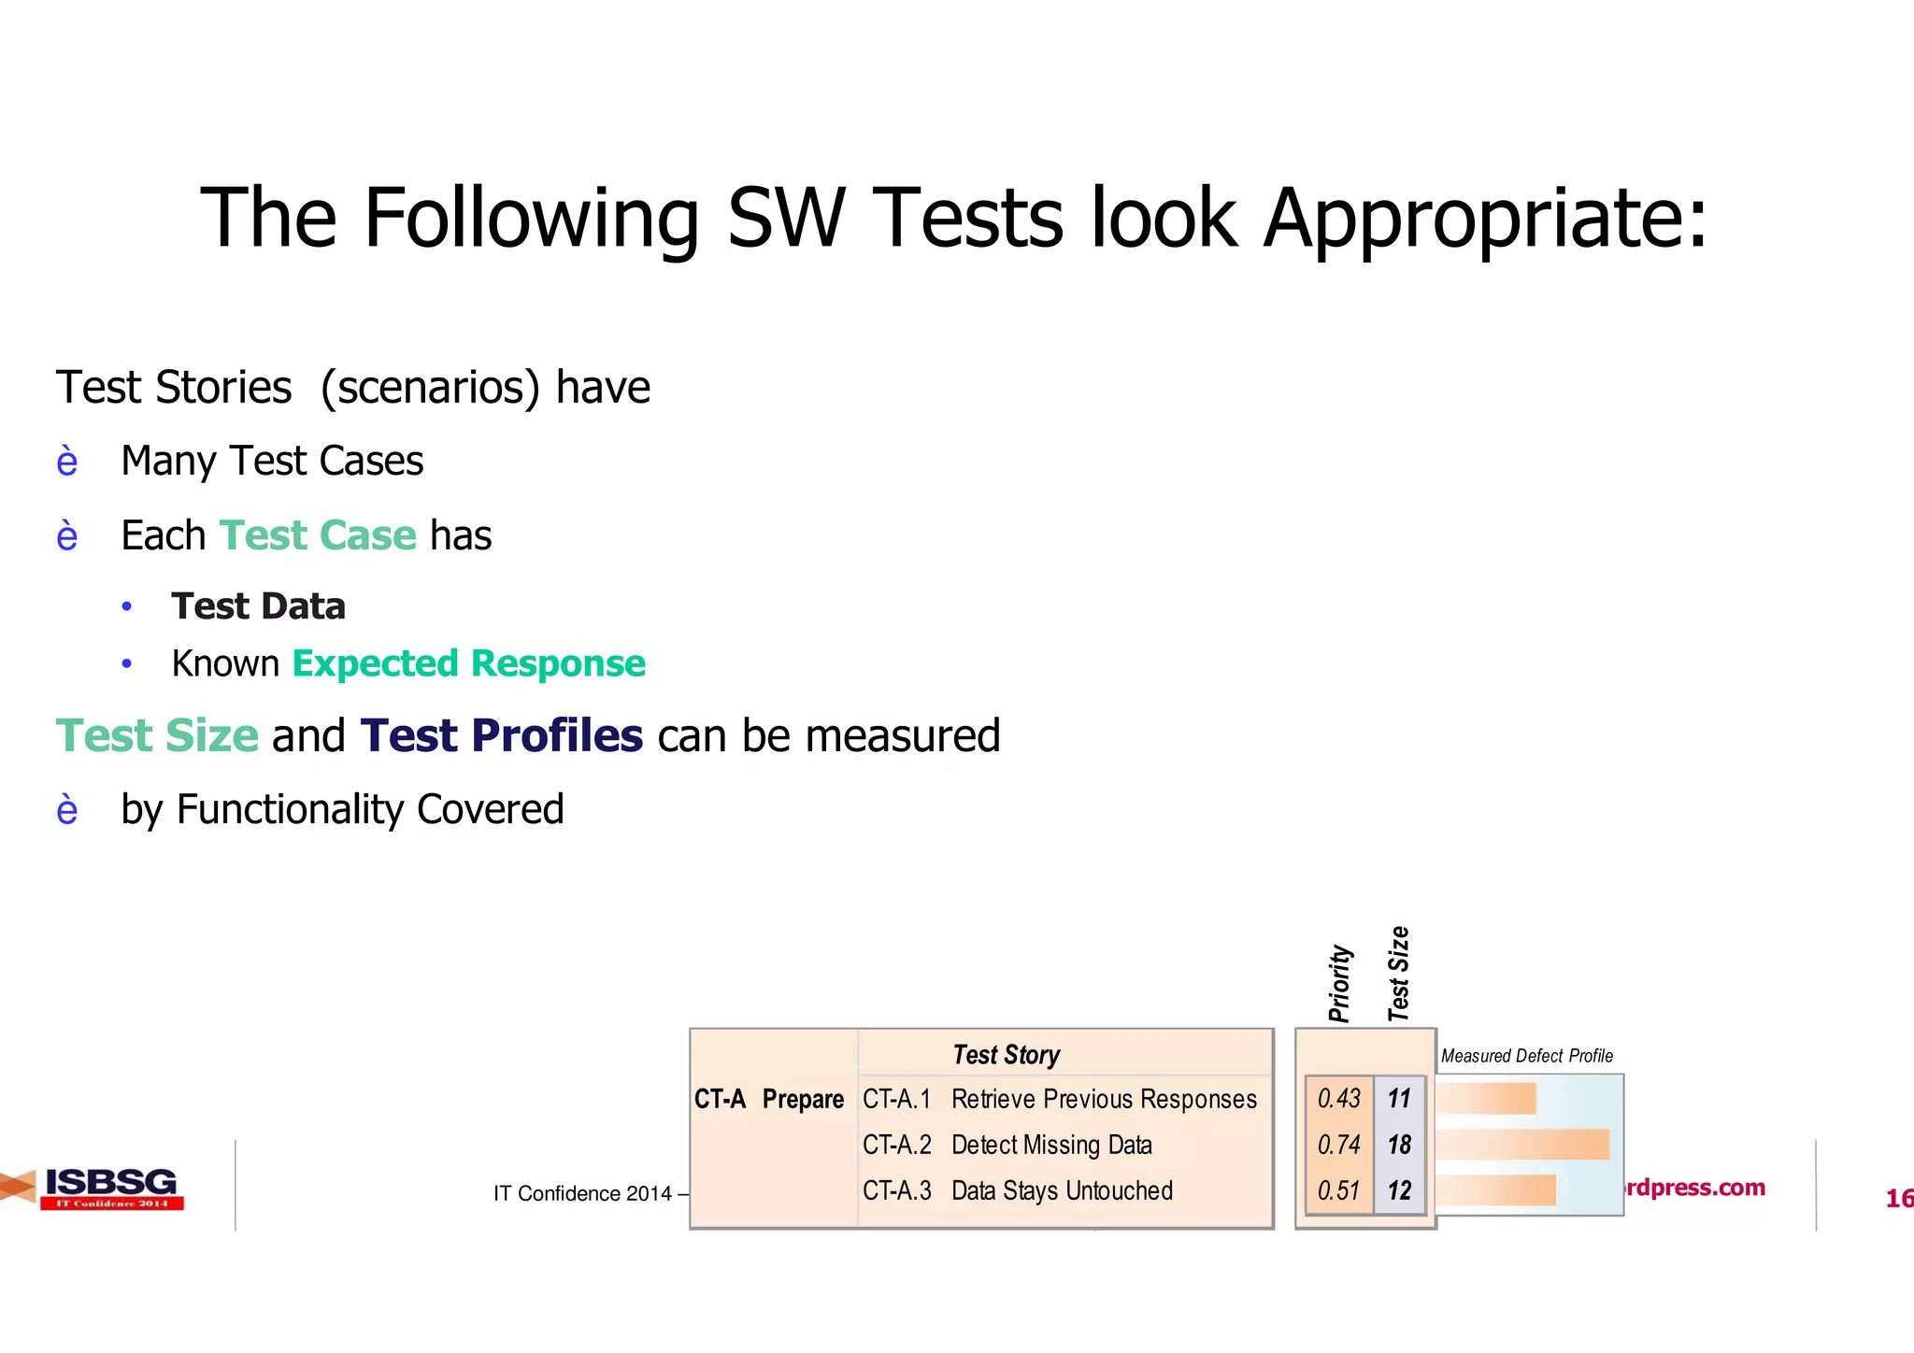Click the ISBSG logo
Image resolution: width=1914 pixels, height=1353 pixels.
click(110, 1188)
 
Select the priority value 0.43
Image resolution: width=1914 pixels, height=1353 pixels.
click(1338, 1099)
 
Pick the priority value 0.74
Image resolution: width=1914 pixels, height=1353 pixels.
click(1338, 1145)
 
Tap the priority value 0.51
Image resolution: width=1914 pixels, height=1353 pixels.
click(1338, 1190)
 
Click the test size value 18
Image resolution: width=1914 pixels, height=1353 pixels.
click(1399, 1145)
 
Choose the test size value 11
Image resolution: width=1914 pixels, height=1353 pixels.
click(1399, 1099)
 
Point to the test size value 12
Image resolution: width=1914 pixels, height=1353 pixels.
click(1399, 1190)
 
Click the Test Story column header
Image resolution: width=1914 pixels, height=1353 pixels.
click(1006, 1055)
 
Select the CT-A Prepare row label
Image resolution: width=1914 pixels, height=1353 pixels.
click(768, 1100)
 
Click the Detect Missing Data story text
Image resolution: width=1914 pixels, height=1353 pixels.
click(1051, 1146)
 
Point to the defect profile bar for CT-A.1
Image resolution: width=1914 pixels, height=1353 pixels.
click(1487, 1099)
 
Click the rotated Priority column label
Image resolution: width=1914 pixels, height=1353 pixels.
click(1339, 983)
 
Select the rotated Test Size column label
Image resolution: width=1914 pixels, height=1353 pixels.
click(1398, 974)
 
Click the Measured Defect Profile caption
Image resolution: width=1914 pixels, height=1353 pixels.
click(1526, 1056)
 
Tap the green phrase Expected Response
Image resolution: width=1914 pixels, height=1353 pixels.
click(468, 663)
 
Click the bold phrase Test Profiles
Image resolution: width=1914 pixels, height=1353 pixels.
click(501, 735)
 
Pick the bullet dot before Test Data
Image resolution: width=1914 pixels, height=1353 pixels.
click(127, 607)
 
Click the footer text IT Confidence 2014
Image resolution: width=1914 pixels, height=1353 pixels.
click(582, 1193)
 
